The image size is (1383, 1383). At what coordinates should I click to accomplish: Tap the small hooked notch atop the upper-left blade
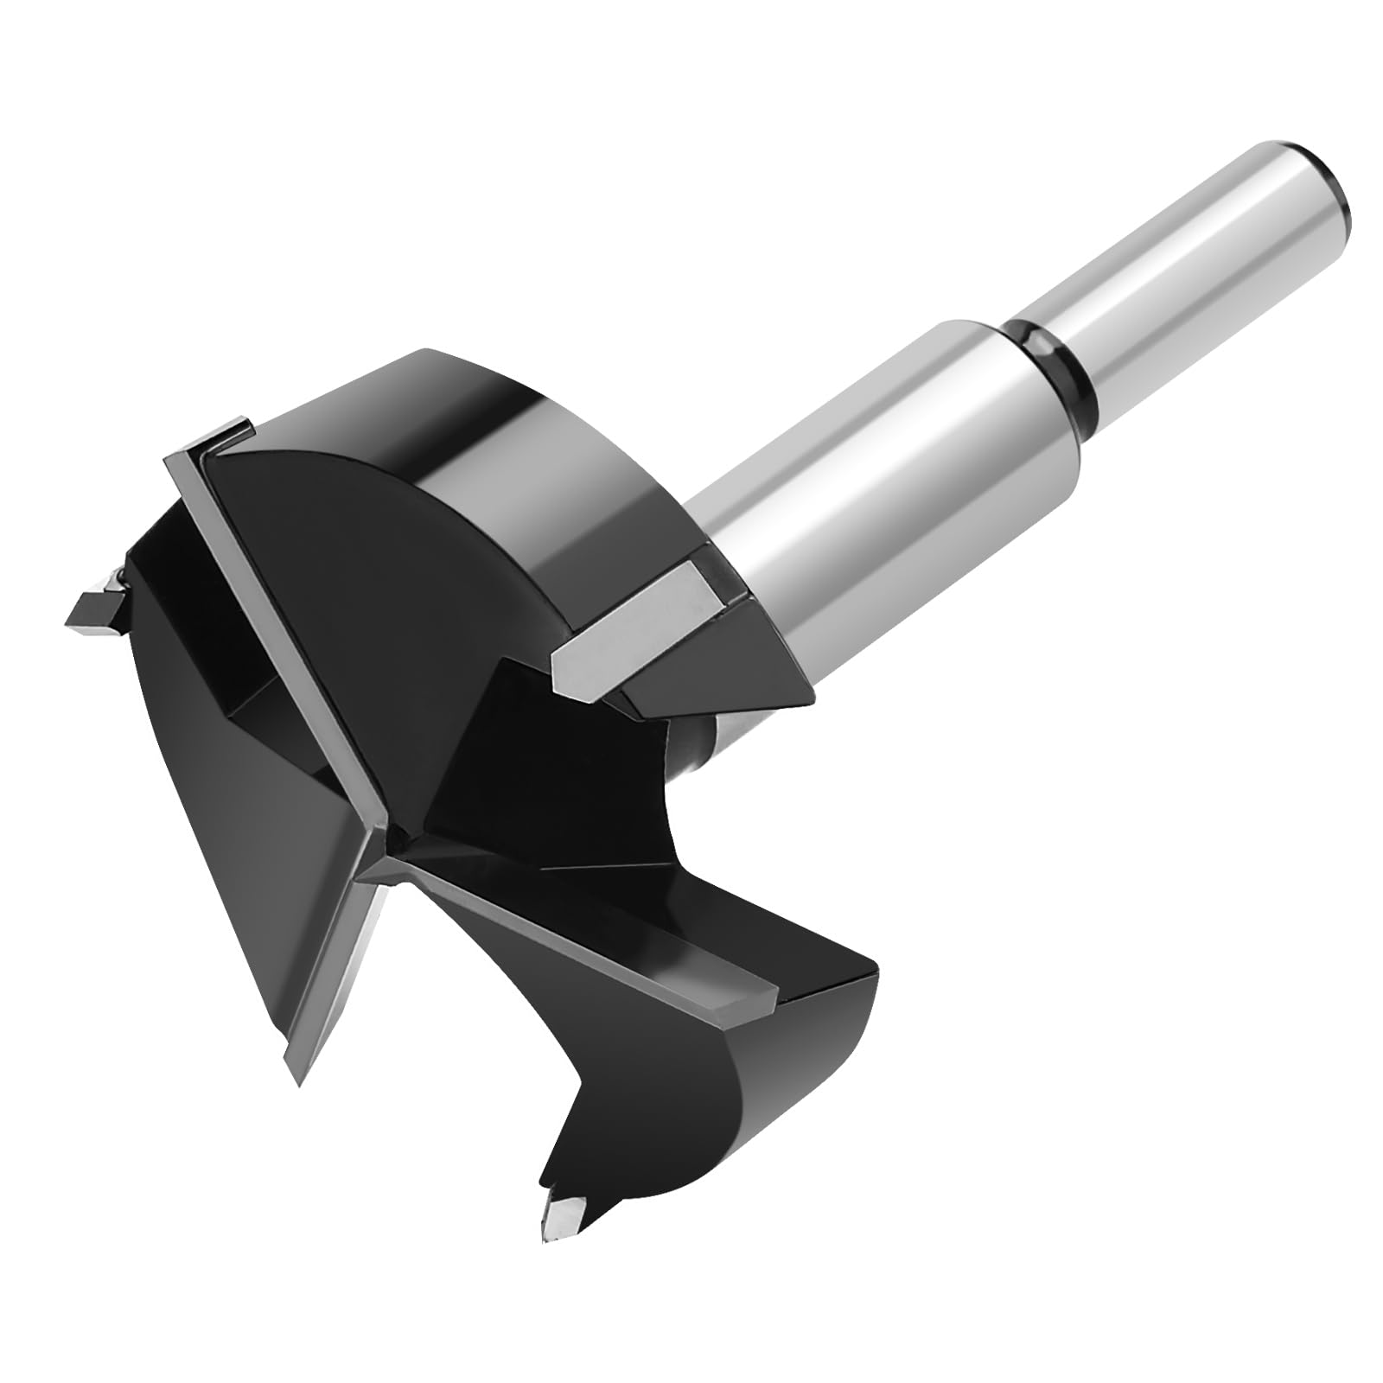coord(233,432)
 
